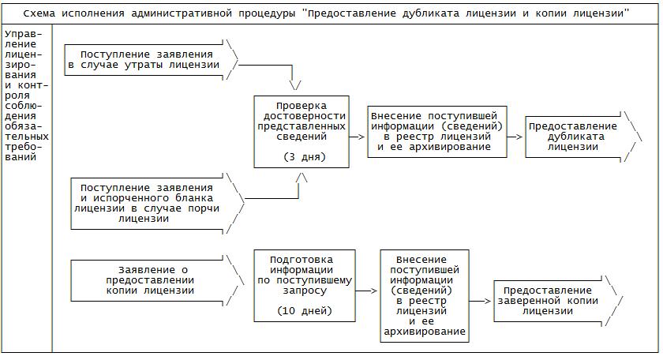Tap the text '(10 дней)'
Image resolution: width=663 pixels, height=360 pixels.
[305, 310]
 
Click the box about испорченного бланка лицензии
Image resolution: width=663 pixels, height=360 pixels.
[147, 202]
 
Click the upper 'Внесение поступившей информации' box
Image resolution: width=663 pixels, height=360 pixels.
[436, 131]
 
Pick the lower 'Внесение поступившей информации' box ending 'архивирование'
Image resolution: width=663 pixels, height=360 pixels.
[423, 296]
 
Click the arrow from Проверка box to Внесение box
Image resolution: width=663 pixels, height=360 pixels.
[358, 136]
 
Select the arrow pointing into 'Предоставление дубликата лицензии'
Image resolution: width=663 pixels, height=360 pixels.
[515, 136]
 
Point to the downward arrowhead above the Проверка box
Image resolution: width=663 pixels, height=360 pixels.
[296, 84]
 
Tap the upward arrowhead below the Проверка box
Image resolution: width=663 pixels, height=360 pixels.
[301, 178]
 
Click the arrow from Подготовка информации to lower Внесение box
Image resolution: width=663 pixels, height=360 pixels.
[367, 291]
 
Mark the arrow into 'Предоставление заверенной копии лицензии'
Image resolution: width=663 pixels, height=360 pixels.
[481, 301]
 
